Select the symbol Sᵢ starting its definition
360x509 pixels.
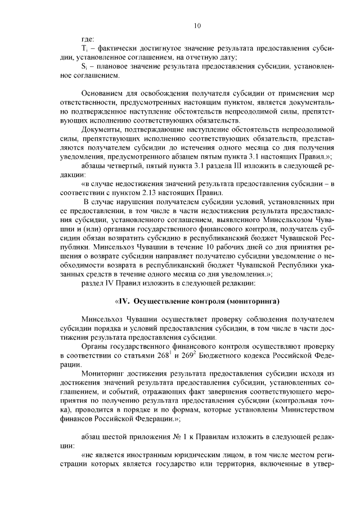pyautogui.click(x=84, y=66)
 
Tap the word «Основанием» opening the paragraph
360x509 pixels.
pyautogui.click(x=102, y=93)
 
